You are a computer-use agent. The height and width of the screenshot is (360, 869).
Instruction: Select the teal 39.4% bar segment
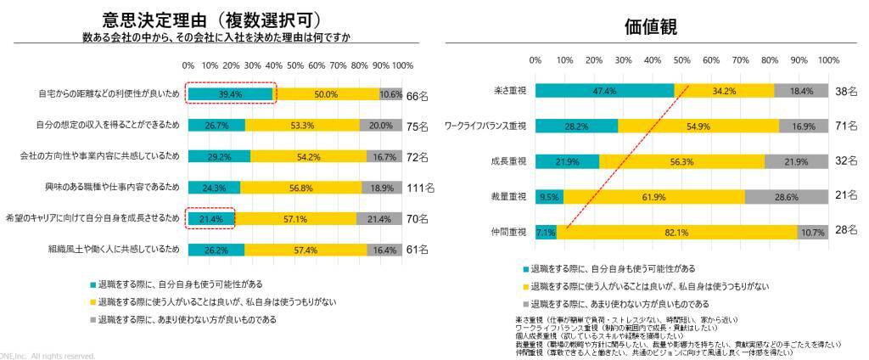(230, 94)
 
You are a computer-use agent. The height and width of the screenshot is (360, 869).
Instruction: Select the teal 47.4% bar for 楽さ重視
(605, 90)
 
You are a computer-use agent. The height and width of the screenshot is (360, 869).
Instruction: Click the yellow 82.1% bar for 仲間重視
(676, 232)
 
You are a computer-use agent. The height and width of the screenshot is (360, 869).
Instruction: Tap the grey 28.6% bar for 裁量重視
(786, 196)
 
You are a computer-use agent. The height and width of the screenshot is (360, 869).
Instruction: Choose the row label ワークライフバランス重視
(486, 126)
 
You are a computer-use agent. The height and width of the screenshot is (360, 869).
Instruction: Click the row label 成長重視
(510, 161)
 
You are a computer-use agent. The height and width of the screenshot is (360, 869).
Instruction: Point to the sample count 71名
(845, 126)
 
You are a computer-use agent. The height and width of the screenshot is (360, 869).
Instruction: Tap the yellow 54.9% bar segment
(698, 126)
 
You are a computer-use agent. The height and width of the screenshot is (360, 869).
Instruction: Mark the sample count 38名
(845, 90)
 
